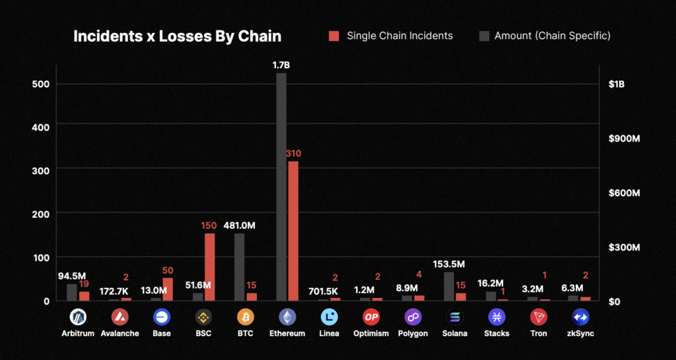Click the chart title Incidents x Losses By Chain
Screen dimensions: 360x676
(177, 36)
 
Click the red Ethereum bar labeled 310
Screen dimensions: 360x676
(293, 231)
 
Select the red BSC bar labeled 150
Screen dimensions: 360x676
(209, 267)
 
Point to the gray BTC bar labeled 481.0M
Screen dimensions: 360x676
(239, 267)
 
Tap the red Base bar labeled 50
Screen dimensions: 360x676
(168, 289)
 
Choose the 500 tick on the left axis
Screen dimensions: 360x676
(40, 84)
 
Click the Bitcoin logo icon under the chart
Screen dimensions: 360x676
(245, 317)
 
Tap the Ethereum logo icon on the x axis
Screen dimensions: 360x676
(287, 317)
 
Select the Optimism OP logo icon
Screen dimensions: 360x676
(371, 317)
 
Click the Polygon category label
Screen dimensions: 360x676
(413, 334)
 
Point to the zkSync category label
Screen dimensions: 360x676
(581, 334)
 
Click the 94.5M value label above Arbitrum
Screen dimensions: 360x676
(71, 276)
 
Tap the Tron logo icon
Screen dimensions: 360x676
(539, 317)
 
